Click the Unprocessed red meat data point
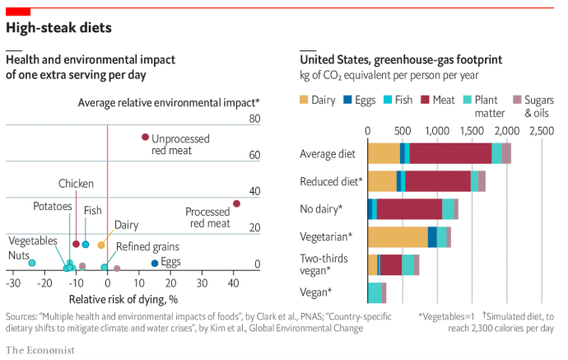pyautogui.click(x=145, y=137)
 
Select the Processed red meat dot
pyautogui.click(x=236, y=203)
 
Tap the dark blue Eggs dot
pyautogui.click(x=155, y=263)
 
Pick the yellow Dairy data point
pyautogui.click(x=101, y=245)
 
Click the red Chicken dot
pyautogui.click(x=77, y=244)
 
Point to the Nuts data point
pyautogui.click(x=32, y=263)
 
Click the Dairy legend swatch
pyautogui.click(x=305, y=101)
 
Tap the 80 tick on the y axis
pyautogui.click(x=254, y=119)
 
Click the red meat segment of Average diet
pyautogui.click(x=450, y=153)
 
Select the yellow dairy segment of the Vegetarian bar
pyautogui.click(x=398, y=236)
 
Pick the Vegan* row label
pyautogui.click(x=318, y=292)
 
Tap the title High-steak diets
pyautogui.click(x=58, y=27)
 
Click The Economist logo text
pyautogui.click(x=40, y=349)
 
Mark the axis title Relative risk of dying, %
pyautogui.click(x=123, y=298)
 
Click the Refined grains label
pyautogui.click(x=147, y=246)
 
